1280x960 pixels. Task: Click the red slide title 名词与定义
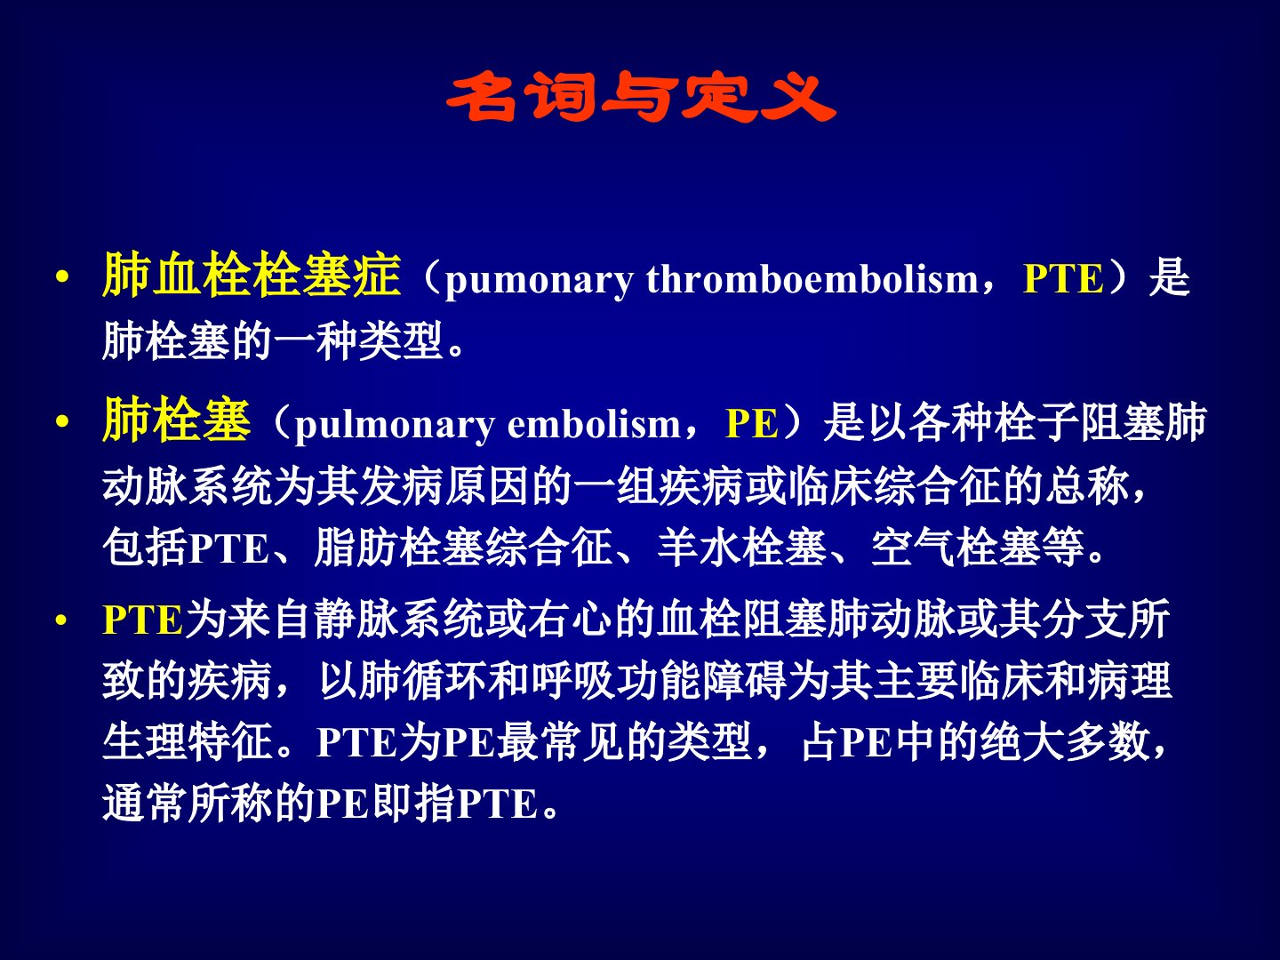point(640,97)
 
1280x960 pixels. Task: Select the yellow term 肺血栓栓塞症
point(252,276)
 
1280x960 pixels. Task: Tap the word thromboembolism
point(812,277)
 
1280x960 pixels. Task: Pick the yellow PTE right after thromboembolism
point(1063,277)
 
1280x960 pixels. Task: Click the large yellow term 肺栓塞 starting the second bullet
point(177,419)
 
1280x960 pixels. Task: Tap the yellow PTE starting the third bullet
point(143,620)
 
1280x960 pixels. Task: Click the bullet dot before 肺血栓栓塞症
point(62,277)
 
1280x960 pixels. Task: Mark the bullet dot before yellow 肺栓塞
point(62,422)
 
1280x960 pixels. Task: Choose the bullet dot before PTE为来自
point(61,620)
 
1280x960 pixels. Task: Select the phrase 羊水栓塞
point(742,548)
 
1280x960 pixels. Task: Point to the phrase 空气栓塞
point(956,548)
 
